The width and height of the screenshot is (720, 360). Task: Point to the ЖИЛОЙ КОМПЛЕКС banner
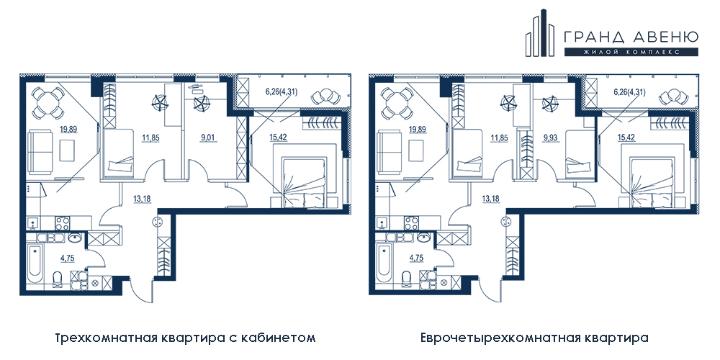point(631,51)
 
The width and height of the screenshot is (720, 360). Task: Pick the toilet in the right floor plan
point(406,279)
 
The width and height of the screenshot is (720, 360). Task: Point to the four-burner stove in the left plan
point(62,223)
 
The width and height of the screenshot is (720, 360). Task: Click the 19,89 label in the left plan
point(67,130)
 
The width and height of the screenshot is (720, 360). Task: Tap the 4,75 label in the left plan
point(68,258)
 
